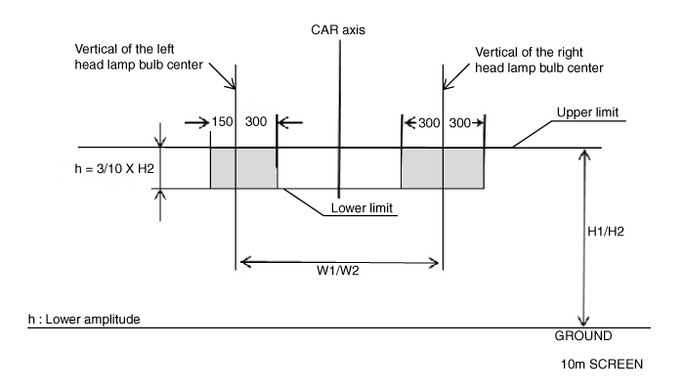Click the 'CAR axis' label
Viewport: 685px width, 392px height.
[337, 29]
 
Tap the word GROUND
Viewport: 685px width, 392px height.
[583, 334]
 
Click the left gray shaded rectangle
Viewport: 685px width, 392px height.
[243, 168]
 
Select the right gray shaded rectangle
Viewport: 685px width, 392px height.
[443, 168]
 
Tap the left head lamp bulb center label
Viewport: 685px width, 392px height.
[144, 57]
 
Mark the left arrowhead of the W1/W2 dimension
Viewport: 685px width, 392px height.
[244, 261]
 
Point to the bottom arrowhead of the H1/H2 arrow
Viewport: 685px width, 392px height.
[583, 322]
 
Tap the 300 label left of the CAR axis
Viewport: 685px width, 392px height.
[257, 122]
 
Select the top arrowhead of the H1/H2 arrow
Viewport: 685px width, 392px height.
[583, 153]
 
